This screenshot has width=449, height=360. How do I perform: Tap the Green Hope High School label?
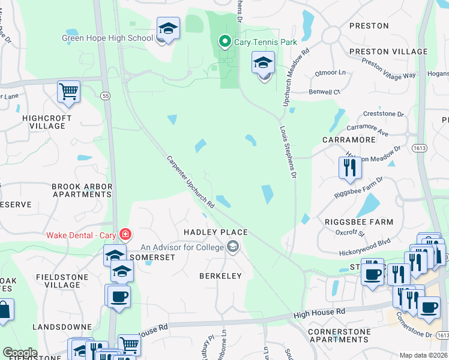pos(107,38)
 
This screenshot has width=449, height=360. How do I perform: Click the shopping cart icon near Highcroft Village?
pos(69,92)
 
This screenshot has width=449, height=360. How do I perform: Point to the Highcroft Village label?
pos(43,122)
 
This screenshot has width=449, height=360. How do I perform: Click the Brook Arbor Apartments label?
pos(82,190)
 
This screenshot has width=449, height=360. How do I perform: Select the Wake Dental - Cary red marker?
pos(125,234)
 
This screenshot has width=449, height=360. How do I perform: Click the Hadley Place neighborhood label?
pos(215,232)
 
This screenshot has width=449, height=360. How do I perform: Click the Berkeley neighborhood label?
pos(220,276)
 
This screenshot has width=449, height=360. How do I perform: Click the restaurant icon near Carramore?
pos(350,168)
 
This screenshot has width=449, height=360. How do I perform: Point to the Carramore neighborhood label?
pos(348,140)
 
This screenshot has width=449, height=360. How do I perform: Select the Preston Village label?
pos(388,52)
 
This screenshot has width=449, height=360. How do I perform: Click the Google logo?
pos(19,353)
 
